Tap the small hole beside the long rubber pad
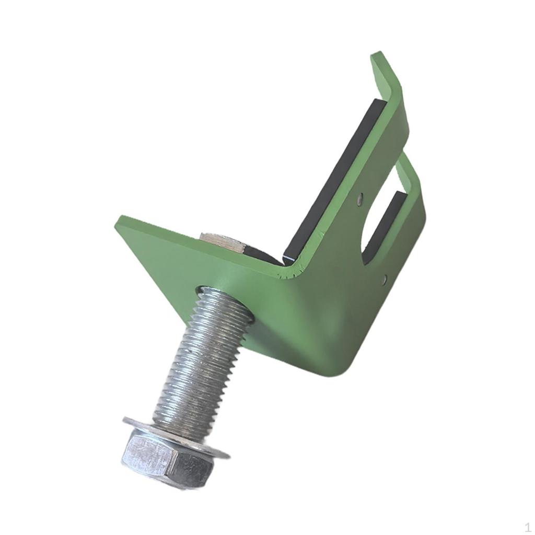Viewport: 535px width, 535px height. pyautogui.click(x=360, y=199)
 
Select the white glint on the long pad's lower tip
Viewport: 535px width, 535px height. pyautogui.click(x=289, y=258)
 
